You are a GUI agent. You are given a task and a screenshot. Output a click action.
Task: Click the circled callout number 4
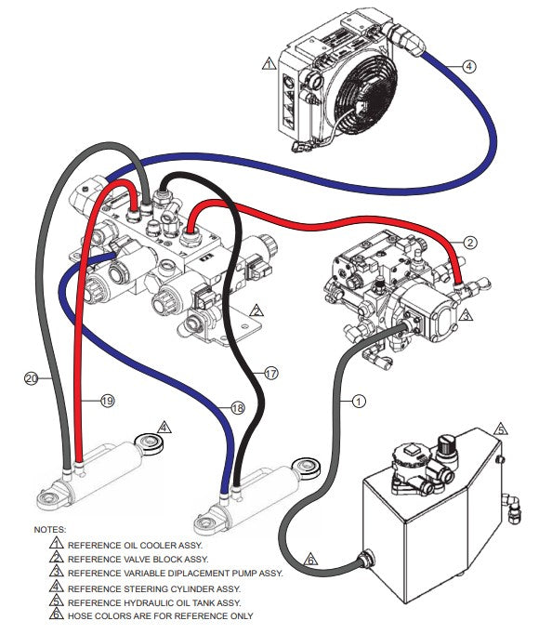pos(468,66)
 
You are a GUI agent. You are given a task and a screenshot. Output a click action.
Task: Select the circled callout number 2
pos(470,243)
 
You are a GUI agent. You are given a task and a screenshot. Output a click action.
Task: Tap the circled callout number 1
pos(359,401)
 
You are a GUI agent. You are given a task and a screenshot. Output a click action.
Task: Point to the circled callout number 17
pos(271,373)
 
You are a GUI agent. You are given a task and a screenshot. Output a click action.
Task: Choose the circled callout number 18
pos(238,407)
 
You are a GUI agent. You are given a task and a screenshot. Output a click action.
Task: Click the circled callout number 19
pos(108,401)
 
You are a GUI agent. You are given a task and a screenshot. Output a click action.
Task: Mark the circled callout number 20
pos(31,378)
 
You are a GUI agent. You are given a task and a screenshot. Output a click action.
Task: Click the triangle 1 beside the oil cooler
pos(269,64)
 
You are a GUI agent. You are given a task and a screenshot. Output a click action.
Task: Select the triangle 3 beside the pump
pos(466,314)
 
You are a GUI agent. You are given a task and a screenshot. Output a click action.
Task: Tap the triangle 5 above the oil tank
pos(501,429)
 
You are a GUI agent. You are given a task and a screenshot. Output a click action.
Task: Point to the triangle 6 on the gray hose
pos(310,560)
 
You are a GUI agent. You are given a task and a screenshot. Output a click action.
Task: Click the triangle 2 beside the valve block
pos(256,310)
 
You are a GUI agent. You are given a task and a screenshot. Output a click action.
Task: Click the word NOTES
pos(50,529)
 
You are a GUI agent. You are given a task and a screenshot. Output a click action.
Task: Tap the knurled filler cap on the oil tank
pos(447,443)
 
